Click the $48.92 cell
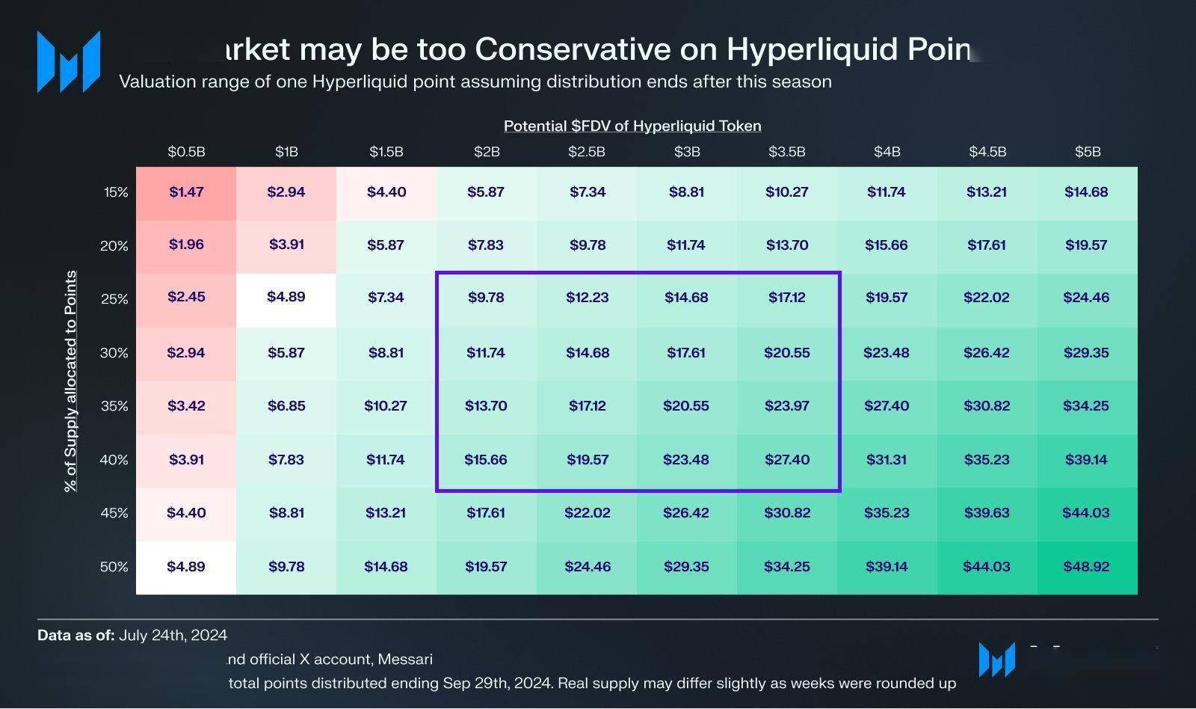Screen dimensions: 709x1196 point(1086,567)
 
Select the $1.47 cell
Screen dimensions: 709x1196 point(186,192)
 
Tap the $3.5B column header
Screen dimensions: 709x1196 point(786,152)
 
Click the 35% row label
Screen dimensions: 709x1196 point(114,406)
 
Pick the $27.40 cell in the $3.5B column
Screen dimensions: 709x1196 point(786,460)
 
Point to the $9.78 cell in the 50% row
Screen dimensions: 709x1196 point(286,567)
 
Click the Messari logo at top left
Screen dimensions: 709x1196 point(68,61)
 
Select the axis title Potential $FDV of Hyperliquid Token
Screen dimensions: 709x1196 point(632,126)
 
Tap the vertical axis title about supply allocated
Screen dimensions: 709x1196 point(71,381)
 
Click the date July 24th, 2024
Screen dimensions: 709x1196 point(173,636)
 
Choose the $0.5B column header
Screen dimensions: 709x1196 point(186,152)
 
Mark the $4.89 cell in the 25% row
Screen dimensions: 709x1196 point(286,297)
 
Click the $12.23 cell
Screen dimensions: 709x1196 point(587,298)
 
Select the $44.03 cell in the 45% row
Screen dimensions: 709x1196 point(1085,513)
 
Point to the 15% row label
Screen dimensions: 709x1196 point(116,192)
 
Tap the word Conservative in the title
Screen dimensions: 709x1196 point(573,49)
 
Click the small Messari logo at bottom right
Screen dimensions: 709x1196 point(996,660)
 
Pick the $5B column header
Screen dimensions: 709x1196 point(1088,152)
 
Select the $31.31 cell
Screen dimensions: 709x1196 point(887,460)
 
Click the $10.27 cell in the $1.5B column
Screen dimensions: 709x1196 point(386,406)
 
